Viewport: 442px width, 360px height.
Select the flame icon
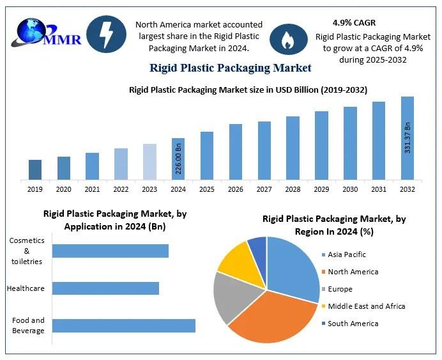[x=286, y=38]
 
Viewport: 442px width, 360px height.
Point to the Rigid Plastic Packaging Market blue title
[x=230, y=68]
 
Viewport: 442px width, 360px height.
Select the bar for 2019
[x=35, y=169]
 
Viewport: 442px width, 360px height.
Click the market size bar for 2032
[x=407, y=138]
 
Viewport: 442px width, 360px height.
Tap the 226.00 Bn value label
[x=178, y=159]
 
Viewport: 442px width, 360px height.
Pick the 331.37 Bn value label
[x=407, y=136]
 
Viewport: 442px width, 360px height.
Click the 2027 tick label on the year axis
[x=264, y=189]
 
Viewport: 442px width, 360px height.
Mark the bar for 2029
[x=321, y=145]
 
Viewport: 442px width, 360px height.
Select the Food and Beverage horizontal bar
[x=123, y=325]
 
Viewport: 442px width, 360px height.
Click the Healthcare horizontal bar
[x=105, y=288]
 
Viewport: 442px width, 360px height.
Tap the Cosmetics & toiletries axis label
[x=26, y=251]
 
